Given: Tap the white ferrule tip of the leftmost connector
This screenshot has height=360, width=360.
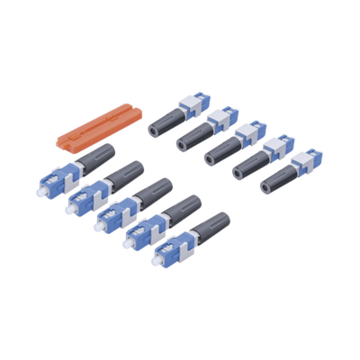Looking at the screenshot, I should (x=44, y=191).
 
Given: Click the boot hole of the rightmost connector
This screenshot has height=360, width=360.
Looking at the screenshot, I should (x=266, y=185).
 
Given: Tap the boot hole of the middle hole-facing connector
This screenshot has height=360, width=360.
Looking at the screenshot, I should (x=211, y=157).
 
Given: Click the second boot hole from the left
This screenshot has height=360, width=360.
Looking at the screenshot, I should (x=182, y=144).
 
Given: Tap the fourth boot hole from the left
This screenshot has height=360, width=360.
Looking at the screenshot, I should (x=238, y=171).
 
